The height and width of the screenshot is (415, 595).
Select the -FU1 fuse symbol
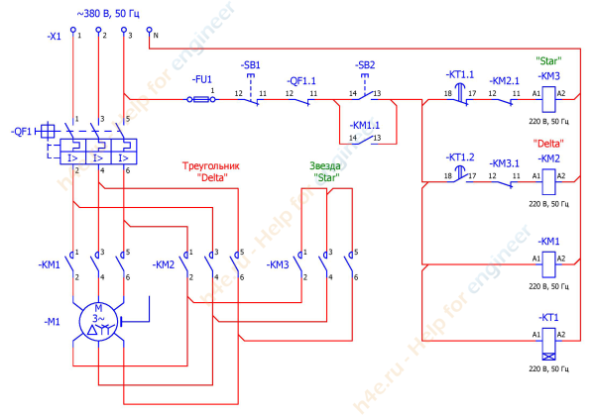[x=203, y=99]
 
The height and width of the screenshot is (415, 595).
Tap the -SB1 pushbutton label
[x=250, y=64]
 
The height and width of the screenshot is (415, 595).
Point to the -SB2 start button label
[x=365, y=64]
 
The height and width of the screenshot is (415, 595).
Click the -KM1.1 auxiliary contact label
[x=365, y=125]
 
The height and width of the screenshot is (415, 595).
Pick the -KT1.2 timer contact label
[x=461, y=156]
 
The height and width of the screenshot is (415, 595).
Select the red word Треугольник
[x=210, y=166]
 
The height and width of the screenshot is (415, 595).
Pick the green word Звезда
[x=327, y=166]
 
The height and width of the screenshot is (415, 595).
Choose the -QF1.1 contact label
[x=302, y=80]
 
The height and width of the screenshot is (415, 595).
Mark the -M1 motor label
[x=52, y=322]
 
